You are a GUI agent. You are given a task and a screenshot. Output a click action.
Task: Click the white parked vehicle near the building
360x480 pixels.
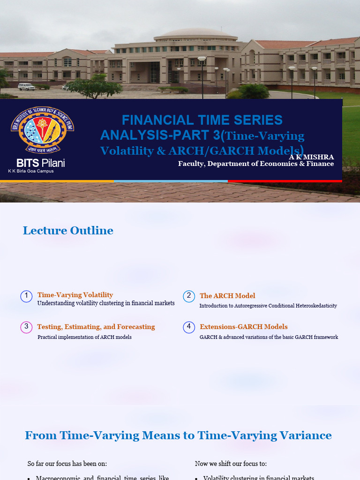click(26, 87)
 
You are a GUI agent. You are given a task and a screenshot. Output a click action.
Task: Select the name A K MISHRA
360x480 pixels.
click(311, 157)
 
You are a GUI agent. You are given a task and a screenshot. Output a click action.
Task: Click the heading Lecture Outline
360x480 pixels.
click(68, 231)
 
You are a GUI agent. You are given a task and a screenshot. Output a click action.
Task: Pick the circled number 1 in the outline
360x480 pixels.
click(27, 296)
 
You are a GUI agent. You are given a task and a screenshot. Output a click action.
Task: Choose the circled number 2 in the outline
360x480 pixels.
click(189, 296)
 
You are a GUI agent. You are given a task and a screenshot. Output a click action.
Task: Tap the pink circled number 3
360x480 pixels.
click(27, 327)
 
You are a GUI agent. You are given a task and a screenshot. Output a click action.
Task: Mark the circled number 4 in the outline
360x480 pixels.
click(189, 327)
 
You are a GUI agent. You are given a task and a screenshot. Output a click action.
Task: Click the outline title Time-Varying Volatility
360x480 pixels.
click(75, 295)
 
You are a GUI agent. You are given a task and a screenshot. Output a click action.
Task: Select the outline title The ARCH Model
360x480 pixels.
click(227, 296)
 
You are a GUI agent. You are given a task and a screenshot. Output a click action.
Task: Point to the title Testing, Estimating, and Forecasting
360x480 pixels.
click(96, 327)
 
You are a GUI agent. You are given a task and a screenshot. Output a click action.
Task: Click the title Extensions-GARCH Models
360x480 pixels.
click(244, 327)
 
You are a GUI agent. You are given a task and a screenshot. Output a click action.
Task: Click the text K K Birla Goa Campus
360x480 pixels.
click(31, 171)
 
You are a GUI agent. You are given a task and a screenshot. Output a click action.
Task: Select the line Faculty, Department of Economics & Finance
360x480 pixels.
click(256, 164)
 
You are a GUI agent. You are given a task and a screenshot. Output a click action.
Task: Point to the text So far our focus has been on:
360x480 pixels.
click(67, 464)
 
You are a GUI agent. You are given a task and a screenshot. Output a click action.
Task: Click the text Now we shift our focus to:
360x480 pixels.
click(231, 464)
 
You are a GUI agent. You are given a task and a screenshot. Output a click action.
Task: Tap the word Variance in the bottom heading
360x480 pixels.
click(307, 435)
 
